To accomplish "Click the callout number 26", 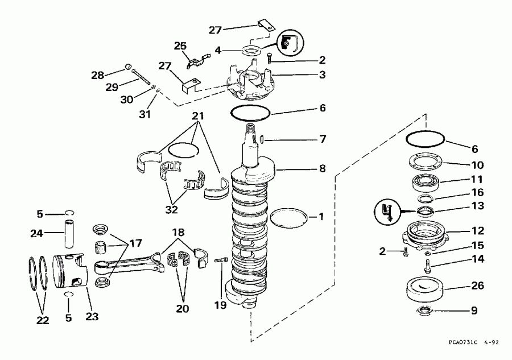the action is [x=477, y=285].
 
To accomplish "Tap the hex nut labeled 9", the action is [x=425, y=310].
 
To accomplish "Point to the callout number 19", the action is [x=220, y=305].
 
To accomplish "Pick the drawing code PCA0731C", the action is [x=463, y=342].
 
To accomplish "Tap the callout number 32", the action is [x=171, y=209].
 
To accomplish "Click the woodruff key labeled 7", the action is [x=262, y=139].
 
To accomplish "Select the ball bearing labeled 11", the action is [x=426, y=183].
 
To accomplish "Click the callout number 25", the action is [x=180, y=45].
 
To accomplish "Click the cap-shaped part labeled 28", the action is [x=129, y=67].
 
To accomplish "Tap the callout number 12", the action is [x=477, y=231].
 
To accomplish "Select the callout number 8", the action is [x=323, y=168].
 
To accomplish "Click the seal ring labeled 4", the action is [x=252, y=51].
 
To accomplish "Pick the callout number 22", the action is [x=43, y=320].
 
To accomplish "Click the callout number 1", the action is [x=321, y=216].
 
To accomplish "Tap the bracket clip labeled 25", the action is [x=198, y=60].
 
